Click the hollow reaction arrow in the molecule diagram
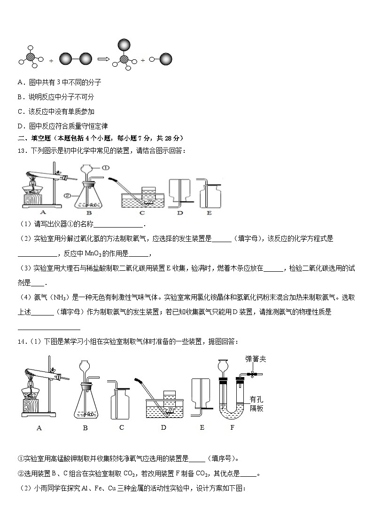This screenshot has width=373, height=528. [x=103, y=59]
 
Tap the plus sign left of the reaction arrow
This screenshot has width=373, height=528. [x=51, y=61]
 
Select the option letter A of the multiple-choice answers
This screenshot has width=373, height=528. [x=20, y=82]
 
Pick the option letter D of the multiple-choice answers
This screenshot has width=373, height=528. [x=20, y=126]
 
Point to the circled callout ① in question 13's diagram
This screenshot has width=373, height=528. [x=106, y=167]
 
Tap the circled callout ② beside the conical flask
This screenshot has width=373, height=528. [x=68, y=194]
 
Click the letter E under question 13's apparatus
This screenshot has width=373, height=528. [x=210, y=213]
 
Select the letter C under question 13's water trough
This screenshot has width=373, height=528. [x=141, y=213]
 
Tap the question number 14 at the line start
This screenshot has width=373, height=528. [x=22, y=341]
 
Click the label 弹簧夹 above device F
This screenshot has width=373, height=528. [x=256, y=359]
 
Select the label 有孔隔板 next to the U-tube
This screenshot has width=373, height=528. [x=256, y=403]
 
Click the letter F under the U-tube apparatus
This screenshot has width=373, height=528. [x=232, y=427]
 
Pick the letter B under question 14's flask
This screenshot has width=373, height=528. [x=85, y=427]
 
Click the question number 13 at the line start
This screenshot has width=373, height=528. [x=22, y=150]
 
